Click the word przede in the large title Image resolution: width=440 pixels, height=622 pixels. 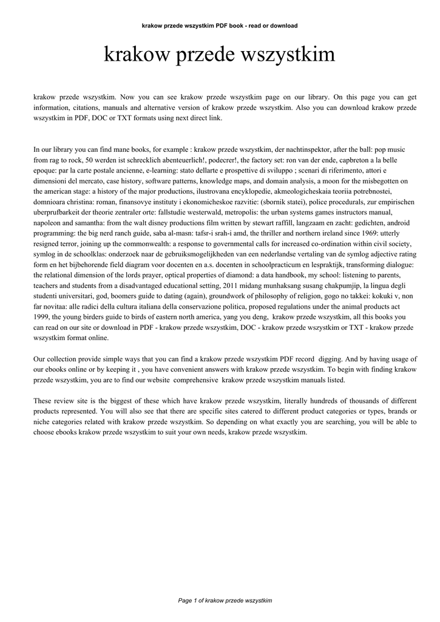point(207,55)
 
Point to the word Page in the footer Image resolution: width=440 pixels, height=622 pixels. point(185,601)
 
